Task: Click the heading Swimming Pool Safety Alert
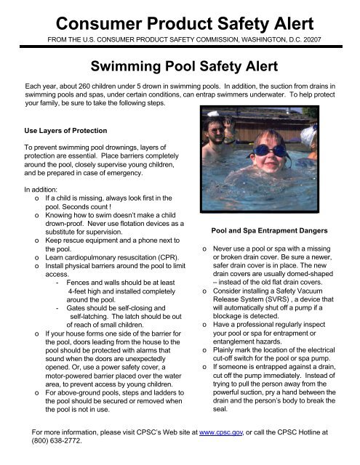180,68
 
